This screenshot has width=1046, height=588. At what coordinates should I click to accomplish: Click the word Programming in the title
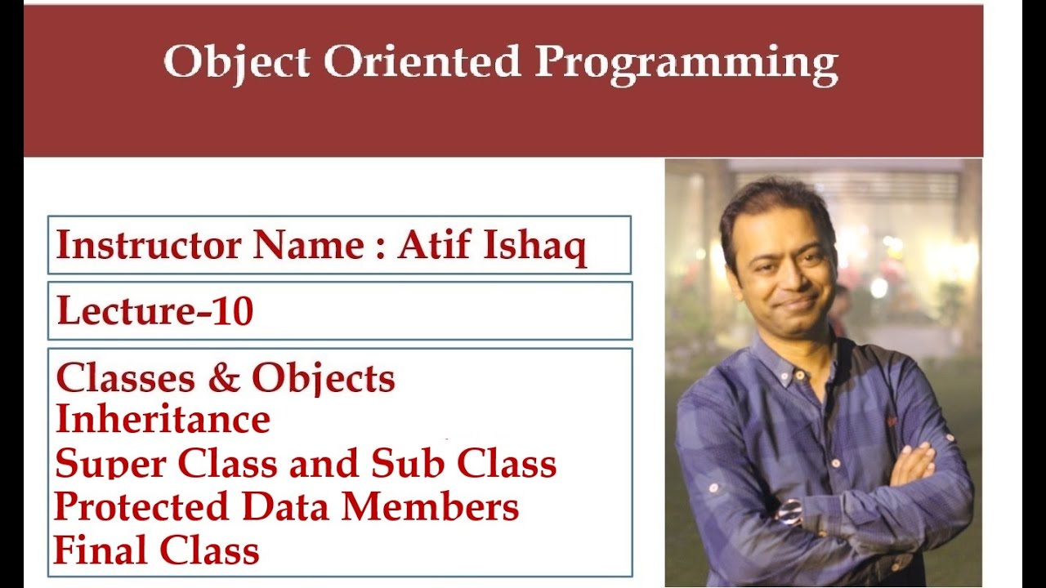click(x=686, y=62)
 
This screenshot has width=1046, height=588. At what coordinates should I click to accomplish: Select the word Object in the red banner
click(x=236, y=62)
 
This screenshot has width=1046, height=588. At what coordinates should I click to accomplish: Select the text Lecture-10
click(x=154, y=311)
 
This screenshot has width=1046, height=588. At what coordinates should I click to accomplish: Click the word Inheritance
click(x=163, y=420)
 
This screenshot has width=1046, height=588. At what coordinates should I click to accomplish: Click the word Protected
click(x=141, y=507)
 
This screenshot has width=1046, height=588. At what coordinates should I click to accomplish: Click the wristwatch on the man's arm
click(x=789, y=512)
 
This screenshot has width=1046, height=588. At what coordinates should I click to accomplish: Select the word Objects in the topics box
click(x=323, y=379)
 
